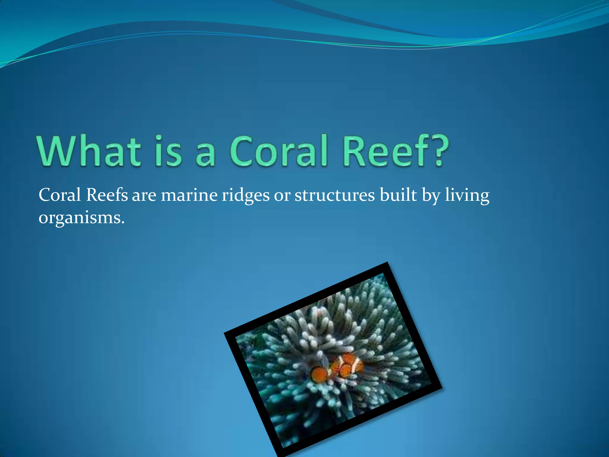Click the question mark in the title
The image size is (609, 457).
tap(439, 151)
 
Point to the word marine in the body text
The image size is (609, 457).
tap(189, 196)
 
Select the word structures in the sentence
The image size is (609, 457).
tap(335, 196)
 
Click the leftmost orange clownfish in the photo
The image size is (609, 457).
tap(319, 374)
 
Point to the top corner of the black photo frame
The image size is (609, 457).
tap(387, 264)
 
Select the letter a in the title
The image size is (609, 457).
tap(205, 155)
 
